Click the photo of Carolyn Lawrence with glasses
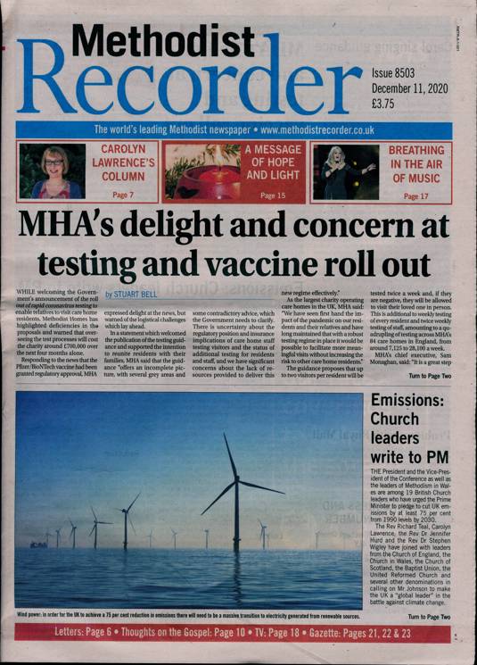52,170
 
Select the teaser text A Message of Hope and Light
272,162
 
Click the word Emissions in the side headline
416,401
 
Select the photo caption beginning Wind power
187,615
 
